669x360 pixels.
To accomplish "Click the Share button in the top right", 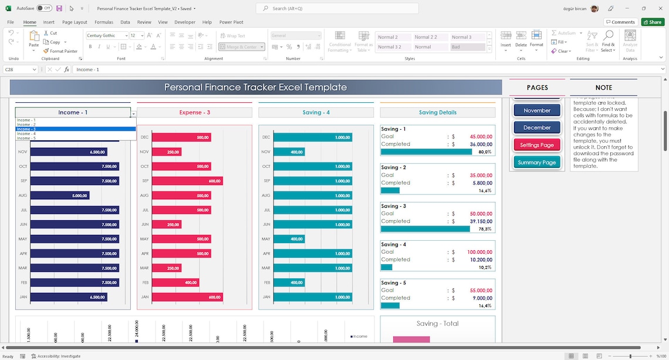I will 653,22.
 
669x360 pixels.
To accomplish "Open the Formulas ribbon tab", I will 104,22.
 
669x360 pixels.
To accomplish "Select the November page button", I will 537,110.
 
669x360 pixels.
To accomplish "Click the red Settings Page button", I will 537,144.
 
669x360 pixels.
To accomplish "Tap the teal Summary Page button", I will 537,162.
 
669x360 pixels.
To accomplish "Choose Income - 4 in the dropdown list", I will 26,134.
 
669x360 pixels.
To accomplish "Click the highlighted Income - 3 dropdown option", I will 26,129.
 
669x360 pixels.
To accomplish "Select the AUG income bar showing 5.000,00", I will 60,196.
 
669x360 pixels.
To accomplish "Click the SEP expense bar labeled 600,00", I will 188,181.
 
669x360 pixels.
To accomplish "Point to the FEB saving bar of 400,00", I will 288,282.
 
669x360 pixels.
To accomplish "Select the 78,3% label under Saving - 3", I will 485,229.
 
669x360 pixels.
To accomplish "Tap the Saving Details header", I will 437,112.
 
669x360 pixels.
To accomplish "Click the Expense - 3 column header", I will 194,112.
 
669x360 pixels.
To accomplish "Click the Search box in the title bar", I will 337,9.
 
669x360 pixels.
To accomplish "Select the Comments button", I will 620,22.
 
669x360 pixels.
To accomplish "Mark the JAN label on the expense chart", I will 144,297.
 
